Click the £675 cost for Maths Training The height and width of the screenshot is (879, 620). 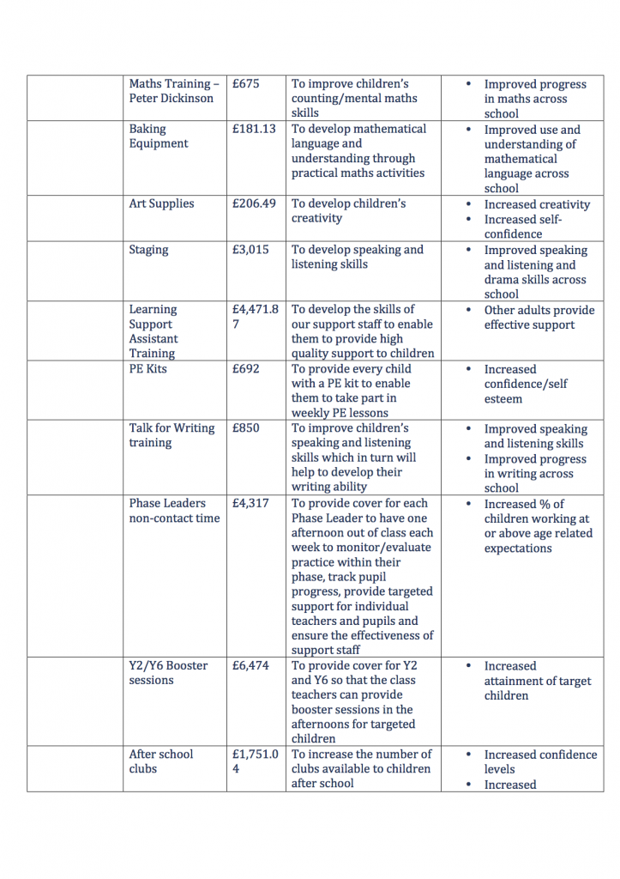coord(245,84)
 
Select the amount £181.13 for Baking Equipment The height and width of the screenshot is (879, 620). coord(254,129)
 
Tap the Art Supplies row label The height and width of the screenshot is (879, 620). coord(161,203)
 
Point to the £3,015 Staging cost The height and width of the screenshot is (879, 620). coord(250,250)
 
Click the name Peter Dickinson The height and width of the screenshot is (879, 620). coord(172,98)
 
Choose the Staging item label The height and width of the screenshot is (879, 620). coord(148,250)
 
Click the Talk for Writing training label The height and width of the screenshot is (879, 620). coord(172,435)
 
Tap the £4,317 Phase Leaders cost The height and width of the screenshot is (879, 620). coord(250,503)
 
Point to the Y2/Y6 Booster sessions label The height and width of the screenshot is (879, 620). coord(168,673)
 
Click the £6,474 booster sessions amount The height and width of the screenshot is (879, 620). coord(250,665)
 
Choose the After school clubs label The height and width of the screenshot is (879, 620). coord(161,761)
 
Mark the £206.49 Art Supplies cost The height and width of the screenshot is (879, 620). coord(254,203)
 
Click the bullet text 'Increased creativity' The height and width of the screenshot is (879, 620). coord(537,204)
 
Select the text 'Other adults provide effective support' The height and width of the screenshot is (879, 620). coord(539,318)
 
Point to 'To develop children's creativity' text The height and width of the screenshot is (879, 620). coord(348,210)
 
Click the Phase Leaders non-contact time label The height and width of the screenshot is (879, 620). coord(174,511)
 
